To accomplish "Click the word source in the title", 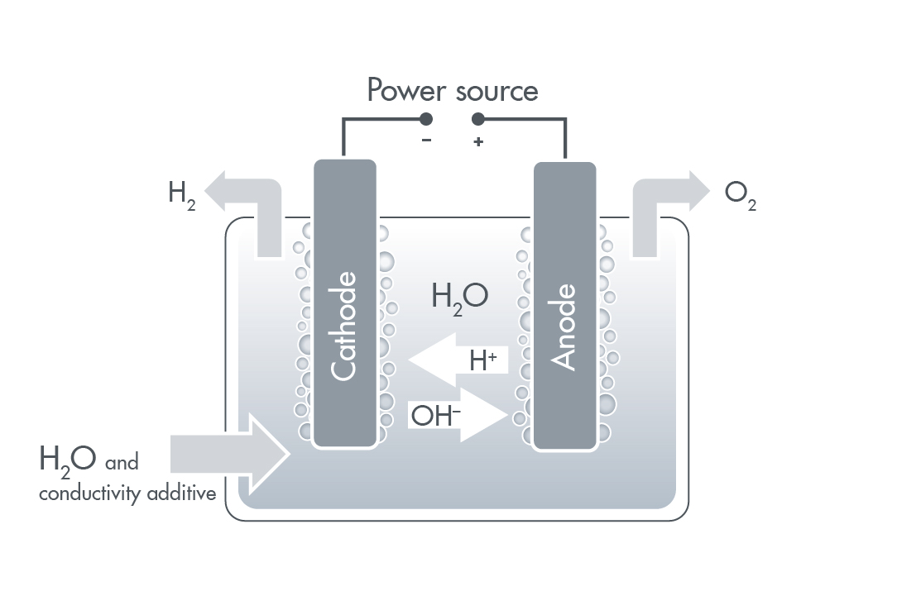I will click(x=496, y=91).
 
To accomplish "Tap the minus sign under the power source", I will click(x=426, y=141).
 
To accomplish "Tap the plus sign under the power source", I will click(x=478, y=142).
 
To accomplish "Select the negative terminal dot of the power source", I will click(x=426, y=120).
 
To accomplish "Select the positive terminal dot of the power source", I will click(x=478, y=120).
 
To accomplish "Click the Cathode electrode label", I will click(x=344, y=326).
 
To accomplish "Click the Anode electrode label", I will click(x=564, y=327).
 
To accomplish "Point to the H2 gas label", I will click(x=181, y=195).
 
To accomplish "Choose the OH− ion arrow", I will click(x=460, y=415).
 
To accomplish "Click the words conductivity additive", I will click(x=127, y=494).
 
